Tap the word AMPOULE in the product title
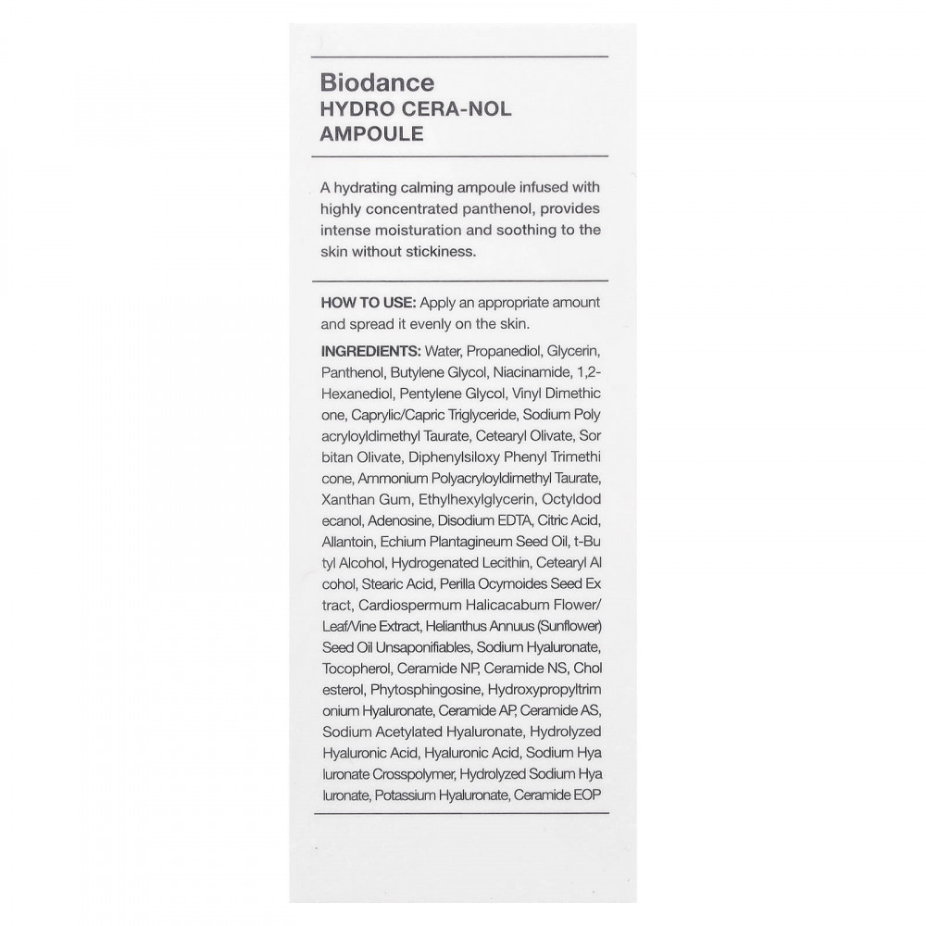(x=371, y=133)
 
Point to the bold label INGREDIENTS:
(x=369, y=352)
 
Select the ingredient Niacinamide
(x=528, y=372)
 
